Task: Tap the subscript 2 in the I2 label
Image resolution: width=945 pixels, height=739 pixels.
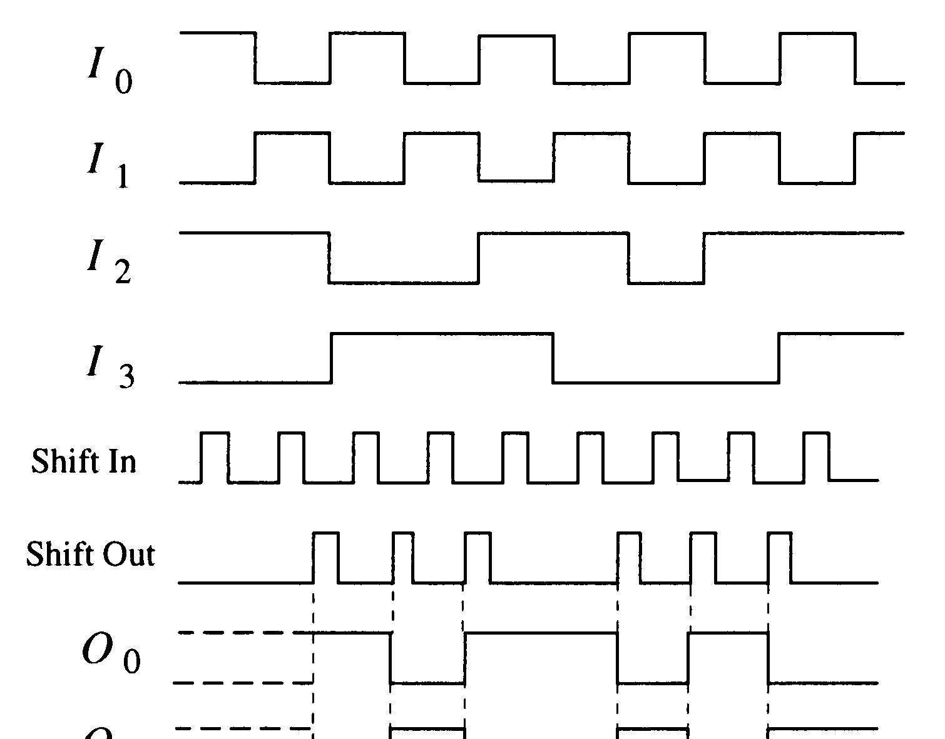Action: click(x=123, y=272)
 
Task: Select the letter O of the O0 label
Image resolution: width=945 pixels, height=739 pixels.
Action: click(x=96, y=650)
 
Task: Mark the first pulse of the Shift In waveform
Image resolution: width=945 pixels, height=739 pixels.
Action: click(x=215, y=456)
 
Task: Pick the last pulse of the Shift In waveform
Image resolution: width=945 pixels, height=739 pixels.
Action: click(x=816, y=456)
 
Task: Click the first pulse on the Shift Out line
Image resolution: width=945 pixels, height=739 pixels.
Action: click(x=325, y=556)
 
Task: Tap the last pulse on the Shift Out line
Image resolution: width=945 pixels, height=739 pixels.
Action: click(x=779, y=556)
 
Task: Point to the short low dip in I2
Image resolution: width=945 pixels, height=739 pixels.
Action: click(x=666, y=283)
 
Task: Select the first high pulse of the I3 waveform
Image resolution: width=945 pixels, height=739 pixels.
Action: click(x=442, y=334)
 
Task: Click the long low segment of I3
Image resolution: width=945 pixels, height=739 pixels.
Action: click(x=666, y=381)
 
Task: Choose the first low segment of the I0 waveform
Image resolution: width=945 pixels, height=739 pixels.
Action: click(x=292, y=82)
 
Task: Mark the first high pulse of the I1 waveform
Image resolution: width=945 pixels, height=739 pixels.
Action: click(x=292, y=133)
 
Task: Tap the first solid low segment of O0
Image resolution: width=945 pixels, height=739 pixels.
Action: click(x=427, y=683)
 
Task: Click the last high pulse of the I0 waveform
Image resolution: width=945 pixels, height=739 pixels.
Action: click(x=817, y=34)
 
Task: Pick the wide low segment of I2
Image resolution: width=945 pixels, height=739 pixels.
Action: click(x=404, y=283)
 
